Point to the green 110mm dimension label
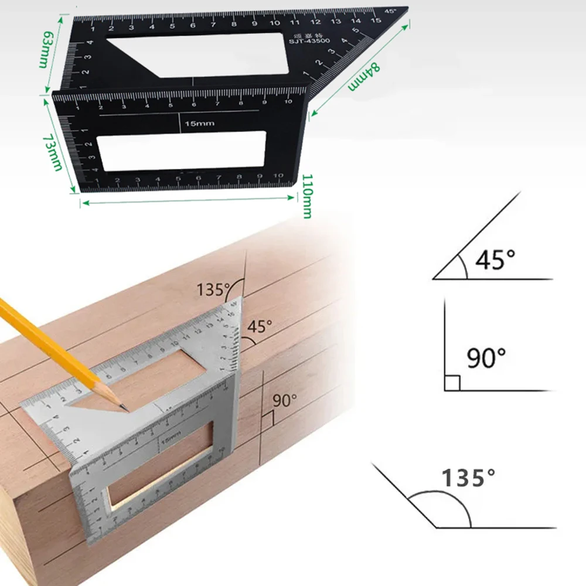point(306,195)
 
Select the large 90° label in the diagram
point(486,357)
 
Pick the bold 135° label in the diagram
point(464,478)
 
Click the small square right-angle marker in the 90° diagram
point(452,383)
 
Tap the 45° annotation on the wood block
point(260,326)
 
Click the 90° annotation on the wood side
point(285,401)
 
